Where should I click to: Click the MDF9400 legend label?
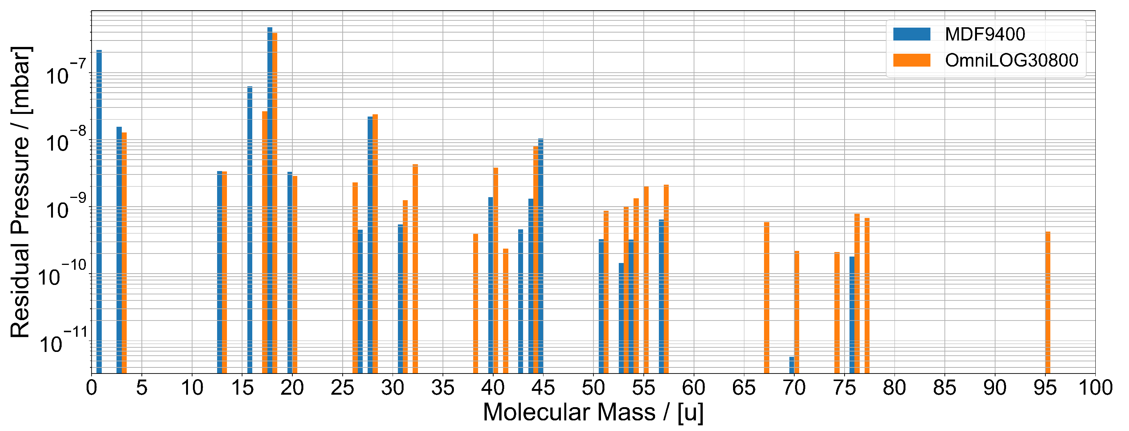tap(985, 34)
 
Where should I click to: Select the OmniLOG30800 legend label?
tap(1011, 61)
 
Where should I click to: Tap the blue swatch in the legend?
tap(911, 34)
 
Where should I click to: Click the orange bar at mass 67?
tap(767, 298)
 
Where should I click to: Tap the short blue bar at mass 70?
tap(792, 365)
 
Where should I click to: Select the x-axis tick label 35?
tap(443, 388)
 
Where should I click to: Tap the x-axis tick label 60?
tap(693, 388)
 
